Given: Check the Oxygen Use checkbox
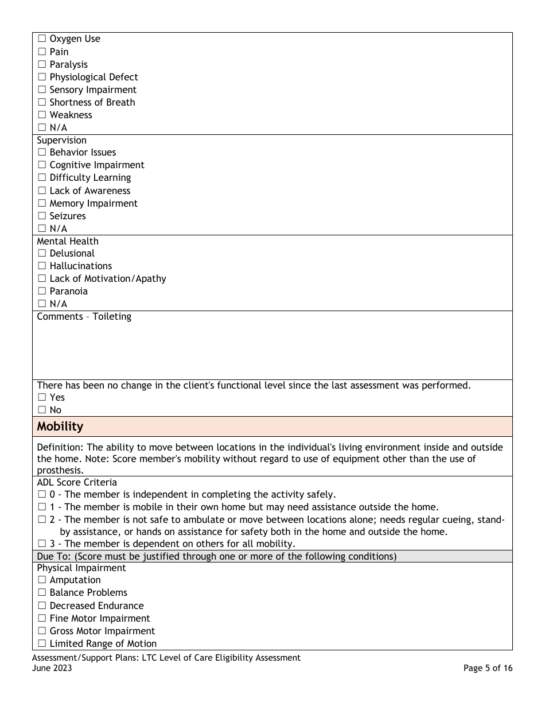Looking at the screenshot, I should (x=42, y=39).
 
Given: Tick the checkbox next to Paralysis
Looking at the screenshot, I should (x=42, y=65).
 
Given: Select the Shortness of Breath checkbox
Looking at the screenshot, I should (x=42, y=103).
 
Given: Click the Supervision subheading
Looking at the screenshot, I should (x=61, y=140).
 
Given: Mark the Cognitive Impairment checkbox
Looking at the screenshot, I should (x=42, y=165).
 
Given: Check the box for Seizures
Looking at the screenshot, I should (x=42, y=216).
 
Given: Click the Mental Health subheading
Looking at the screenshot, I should (x=67, y=241).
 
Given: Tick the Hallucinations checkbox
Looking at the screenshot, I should (x=42, y=266).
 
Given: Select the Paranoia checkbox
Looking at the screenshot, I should (x=42, y=292).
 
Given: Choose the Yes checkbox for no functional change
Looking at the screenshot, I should (x=42, y=398).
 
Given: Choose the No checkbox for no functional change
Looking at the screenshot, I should (x=42, y=410).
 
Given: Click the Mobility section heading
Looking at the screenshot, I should (x=60, y=426).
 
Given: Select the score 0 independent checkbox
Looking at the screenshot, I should (x=42, y=495).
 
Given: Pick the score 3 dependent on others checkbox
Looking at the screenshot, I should (x=42, y=544).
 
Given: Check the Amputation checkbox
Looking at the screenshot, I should (x=42, y=580).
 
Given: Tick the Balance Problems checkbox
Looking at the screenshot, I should (x=42, y=593).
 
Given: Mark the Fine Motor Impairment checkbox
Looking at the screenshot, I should (x=42, y=619).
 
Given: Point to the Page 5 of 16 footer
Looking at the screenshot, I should (x=488, y=668).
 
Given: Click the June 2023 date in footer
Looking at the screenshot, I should (x=52, y=668).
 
